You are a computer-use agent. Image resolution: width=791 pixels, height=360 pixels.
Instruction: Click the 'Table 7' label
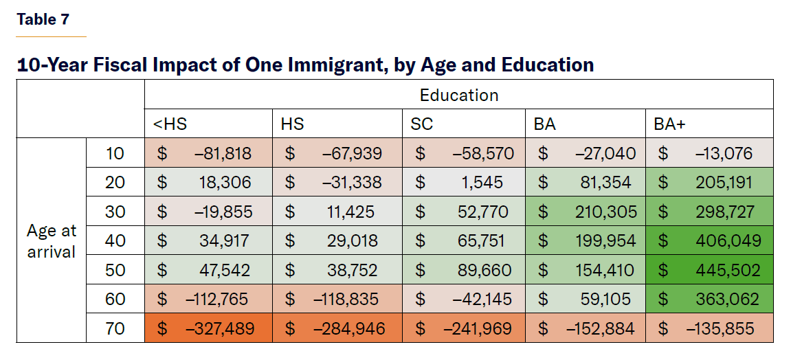[x=43, y=19]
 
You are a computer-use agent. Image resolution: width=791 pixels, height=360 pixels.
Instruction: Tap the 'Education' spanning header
[x=459, y=95]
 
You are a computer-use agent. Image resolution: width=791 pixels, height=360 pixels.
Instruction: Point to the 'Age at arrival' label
[x=52, y=241]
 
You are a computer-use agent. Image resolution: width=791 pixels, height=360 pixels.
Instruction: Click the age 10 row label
[x=115, y=153]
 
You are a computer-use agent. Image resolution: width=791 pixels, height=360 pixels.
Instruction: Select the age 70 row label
[x=115, y=328]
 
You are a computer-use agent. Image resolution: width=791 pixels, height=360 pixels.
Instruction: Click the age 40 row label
[x=115, y=241]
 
